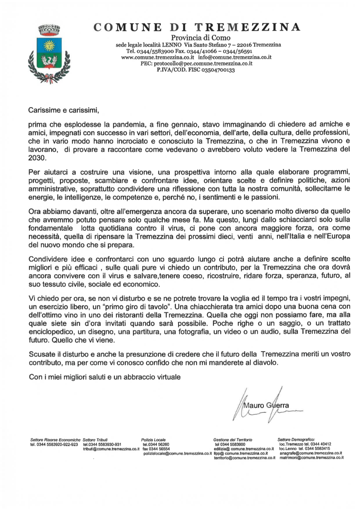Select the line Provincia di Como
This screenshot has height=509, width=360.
pos(200,37)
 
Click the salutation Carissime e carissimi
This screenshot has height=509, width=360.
pos(64,109)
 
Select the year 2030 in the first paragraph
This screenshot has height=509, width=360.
pos(37,158)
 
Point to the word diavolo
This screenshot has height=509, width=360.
pos(266,362)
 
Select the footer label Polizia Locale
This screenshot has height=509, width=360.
pos(153,440)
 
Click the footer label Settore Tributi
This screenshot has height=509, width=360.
pos(95,440)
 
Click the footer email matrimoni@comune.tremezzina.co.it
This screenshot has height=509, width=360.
pos(311,458)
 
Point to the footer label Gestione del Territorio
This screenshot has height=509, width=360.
pos(233,440)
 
